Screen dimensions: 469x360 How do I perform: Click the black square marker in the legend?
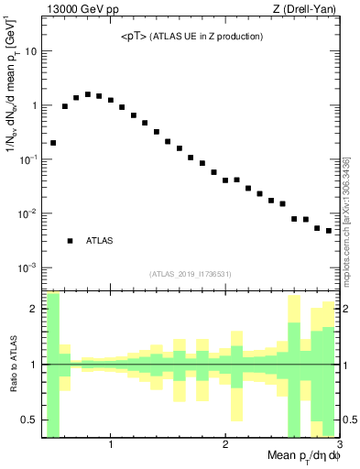pos(70,241)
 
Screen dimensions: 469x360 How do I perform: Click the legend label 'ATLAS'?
pos(99,241)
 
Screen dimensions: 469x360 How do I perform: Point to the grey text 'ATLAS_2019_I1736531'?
pos(191,274)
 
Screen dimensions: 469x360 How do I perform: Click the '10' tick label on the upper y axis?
pos(30,51)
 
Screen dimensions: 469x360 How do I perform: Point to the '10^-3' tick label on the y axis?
pos(27,267)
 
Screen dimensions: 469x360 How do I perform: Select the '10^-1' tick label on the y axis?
pos(27,159)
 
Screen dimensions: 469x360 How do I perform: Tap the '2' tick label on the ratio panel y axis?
pos(33,309)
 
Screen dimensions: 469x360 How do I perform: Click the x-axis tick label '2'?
pos(225,446)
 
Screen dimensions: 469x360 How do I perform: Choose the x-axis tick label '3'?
pos(338,446)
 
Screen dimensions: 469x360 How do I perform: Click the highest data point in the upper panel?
pos(88,94)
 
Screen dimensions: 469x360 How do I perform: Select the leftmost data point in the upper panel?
pos(53,143)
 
